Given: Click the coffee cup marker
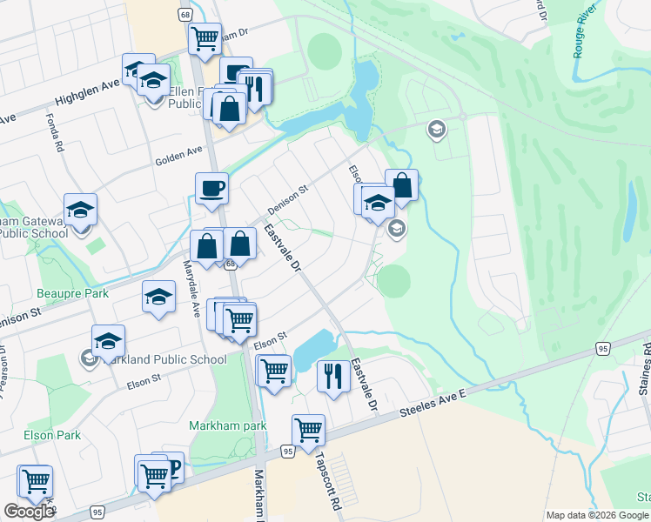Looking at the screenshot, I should (211, 188).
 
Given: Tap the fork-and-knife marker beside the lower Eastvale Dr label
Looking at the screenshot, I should (333, 376).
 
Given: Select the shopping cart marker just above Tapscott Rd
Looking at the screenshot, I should (308, 430).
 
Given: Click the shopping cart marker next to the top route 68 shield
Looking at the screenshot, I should (205, 38).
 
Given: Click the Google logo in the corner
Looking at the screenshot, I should (29, 512).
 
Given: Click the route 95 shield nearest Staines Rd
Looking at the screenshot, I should (601, 348).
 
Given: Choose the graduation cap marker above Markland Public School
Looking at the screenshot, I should (108, 340).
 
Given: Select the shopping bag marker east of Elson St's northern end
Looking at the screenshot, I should (401, 184).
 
